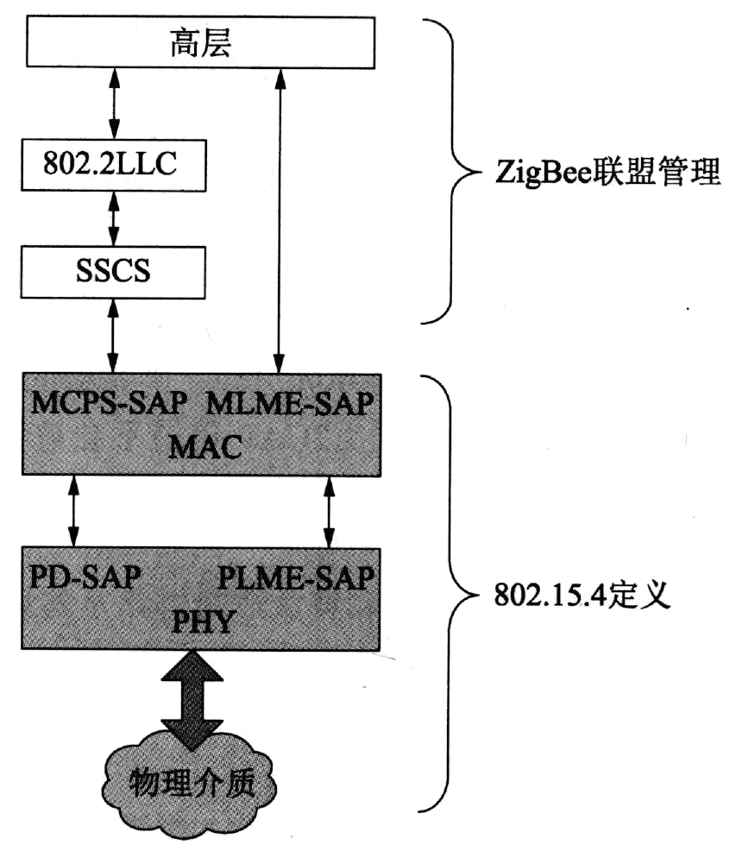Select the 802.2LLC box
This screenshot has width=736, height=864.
click(111, 164)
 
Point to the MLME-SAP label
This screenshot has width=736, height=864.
click(293, 404)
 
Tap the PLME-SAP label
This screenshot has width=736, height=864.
click(296, 577)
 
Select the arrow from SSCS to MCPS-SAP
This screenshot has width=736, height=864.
click(111, 333)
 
